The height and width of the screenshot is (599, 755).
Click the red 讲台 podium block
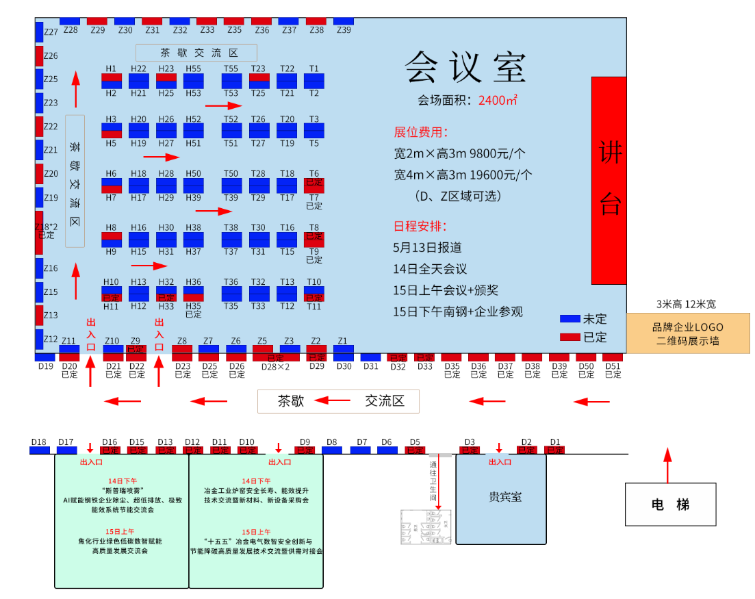tap(609, 180)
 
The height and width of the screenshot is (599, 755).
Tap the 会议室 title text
tap(465, 67)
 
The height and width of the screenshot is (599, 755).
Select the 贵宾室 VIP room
tap(501, 498)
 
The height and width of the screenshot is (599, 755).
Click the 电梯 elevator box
tap(670, 505)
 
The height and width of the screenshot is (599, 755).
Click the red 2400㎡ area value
tap(498, 100)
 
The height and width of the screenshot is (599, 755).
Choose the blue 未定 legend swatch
tap(570, 319)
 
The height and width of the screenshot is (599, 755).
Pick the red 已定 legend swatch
tap(570, 337)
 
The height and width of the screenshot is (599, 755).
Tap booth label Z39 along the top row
tap(344, 29)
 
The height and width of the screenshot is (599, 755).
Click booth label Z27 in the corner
tap(51, 32)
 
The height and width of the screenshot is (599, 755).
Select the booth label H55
tap(194, 68)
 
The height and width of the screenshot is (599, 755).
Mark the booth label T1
tap(314, 68)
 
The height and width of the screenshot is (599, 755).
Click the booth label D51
tap(613, 366)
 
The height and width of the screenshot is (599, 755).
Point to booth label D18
tap(39, 442)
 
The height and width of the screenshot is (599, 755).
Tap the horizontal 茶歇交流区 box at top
tap(196, 53)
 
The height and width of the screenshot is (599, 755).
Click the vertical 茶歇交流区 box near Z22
tap(75, 181)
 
